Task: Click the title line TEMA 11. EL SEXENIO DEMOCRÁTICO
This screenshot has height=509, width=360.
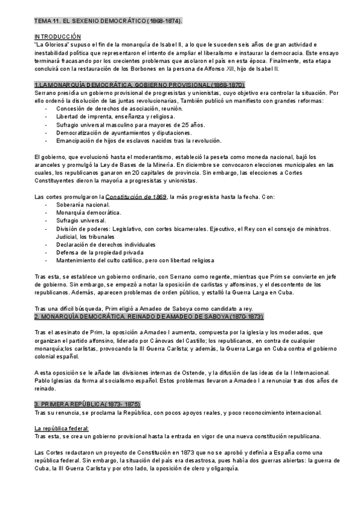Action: (109, 21)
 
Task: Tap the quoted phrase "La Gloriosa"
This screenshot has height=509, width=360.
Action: (53, 45)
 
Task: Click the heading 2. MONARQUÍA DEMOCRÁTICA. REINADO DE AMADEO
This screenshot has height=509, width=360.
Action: (149, 316)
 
